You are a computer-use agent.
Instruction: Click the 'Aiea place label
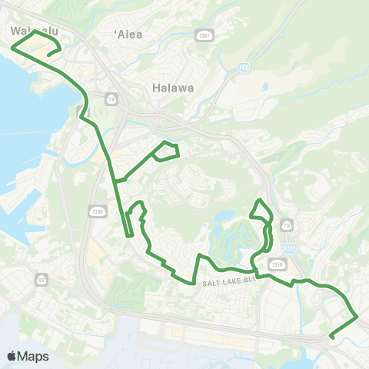(128, 35)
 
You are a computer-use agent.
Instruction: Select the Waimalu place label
(35, 32)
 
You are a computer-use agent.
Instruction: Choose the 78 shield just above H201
(288, 225)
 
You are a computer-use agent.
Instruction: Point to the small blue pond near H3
(265, 87)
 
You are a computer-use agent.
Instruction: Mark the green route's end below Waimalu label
(49, 55)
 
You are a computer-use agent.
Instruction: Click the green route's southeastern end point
(331, 337)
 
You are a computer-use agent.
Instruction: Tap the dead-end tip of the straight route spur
(131, 234)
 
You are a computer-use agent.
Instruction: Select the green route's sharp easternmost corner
(357, 316)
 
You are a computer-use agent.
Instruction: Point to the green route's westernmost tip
(12, 47)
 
